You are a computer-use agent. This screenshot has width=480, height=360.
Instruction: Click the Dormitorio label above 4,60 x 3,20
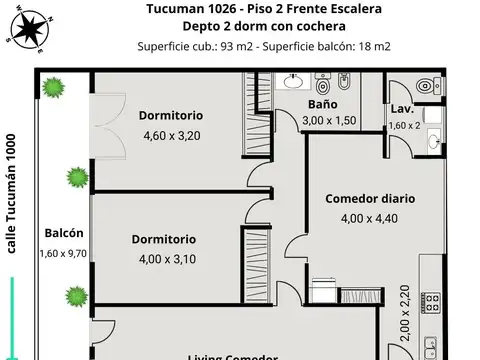(x=173, y=114)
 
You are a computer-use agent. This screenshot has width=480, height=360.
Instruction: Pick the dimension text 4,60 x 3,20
(x=173, y=135)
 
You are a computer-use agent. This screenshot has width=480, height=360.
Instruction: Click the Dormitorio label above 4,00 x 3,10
(x=164, y=239)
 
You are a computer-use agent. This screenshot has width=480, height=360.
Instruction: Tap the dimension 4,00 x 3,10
(x=164, y=259)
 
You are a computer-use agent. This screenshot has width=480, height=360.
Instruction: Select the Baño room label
(x=322, y=104)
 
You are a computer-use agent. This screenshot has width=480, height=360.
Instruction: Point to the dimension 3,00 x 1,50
(x=329, y=121)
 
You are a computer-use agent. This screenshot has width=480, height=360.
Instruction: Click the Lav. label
(x=403, y=108)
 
